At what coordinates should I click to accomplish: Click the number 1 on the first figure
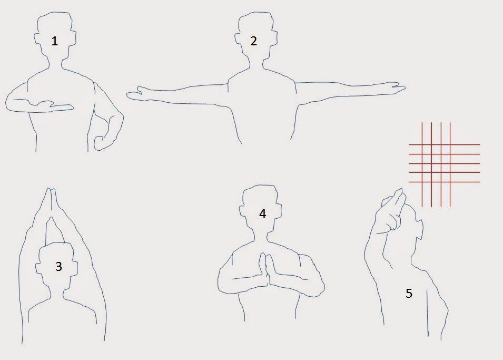click(55, 41)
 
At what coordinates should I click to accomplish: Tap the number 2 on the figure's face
click(253, 41)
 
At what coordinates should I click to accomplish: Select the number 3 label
click(58, 267)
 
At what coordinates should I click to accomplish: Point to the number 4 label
click(262, 214)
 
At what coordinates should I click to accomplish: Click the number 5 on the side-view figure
click(409, 293)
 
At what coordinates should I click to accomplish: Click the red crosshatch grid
click(445, 164)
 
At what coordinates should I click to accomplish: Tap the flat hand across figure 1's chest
click(53, 106)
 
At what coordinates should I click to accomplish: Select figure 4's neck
click(261, 236)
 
